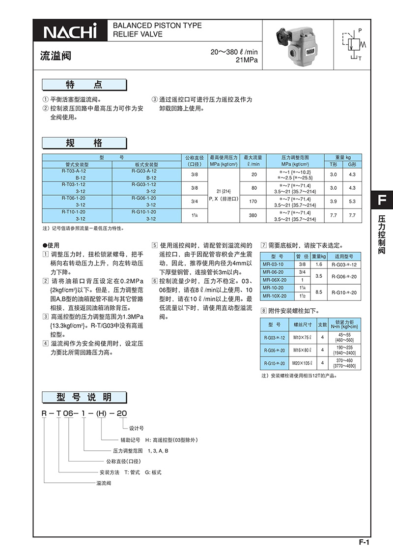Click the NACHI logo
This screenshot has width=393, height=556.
click(70, 31)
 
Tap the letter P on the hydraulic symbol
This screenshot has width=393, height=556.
click(360, 30)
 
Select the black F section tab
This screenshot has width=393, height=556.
click(382, 201)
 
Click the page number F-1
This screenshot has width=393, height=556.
click(364, 542)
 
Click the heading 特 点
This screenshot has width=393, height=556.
click(84, 85)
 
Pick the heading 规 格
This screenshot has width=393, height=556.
click(84, 143)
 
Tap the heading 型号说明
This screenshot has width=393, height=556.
click(84, 397)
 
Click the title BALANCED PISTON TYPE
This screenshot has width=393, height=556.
click(157, 26)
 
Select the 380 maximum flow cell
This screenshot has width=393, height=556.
click(253, 215)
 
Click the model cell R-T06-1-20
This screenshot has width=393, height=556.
click(77, 198)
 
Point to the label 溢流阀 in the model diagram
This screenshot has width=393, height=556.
click(103, 483)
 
